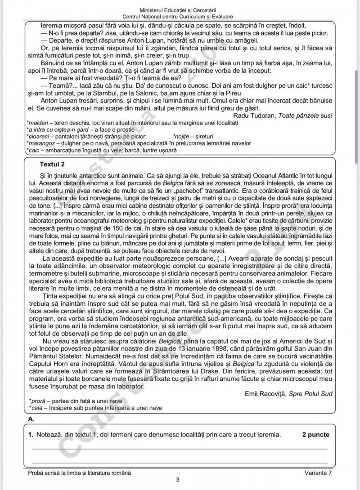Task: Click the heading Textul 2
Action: [52, 164]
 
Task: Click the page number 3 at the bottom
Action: [178, 480]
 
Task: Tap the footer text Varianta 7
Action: [318, 472]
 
